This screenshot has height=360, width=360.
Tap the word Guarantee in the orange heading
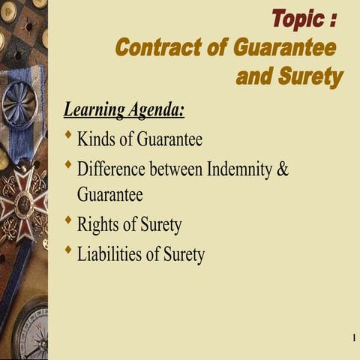coord(283,47)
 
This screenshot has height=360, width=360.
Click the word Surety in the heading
coord(310,76)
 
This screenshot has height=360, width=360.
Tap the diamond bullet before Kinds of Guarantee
coord(69,136)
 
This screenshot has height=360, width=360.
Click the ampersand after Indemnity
coord(283,168)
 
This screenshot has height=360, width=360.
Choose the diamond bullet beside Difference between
coord(69,164)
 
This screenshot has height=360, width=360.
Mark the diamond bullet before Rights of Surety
coord(69,221)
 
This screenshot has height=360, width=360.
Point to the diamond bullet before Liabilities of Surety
coord(69,250)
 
